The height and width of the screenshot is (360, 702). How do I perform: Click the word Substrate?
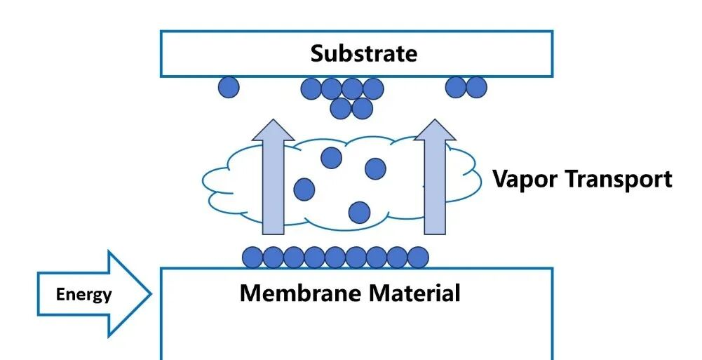pyautogui.click(x=363, y=53)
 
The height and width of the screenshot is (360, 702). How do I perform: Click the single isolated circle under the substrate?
pyautogui.click(x=229, y=87)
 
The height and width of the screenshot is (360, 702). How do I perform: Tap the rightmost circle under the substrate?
pyautogui.click(x=476, y=87)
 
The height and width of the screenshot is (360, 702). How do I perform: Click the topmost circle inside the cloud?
pyautogui.click(x=331, y=158)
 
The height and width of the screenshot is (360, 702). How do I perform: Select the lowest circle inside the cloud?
pyautogui.click(x=359, y=211)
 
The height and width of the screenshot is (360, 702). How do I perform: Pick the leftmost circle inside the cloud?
pyautogui.click(x=304, y=189)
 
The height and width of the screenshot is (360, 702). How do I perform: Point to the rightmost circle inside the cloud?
pyautogui.click(x=375, y=168)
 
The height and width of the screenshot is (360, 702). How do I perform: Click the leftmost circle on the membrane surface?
pyautogui.click(x=252, y=257)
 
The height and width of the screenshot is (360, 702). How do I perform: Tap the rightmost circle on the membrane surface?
pyautogui.click(x=418, y=257)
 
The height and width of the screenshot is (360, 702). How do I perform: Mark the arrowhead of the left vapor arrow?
pyautogui.click(x=273, y=131)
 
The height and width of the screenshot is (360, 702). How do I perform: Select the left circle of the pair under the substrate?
pyautogui.click(x=456, y=87)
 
